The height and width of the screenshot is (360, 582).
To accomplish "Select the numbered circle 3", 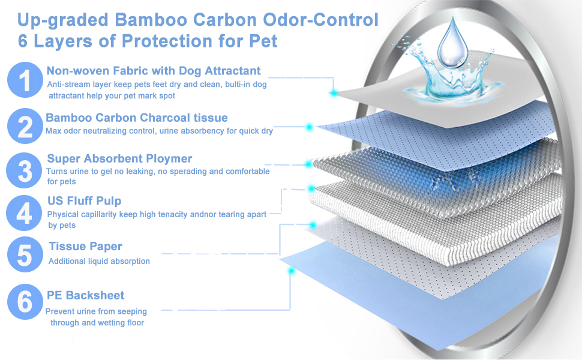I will [x=25, y=170].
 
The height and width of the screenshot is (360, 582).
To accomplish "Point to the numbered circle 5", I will [x=25, y=254].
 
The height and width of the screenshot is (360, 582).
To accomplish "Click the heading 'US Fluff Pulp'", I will [x=84, y=201].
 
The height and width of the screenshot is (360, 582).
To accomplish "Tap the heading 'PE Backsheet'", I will [x=86, y=295].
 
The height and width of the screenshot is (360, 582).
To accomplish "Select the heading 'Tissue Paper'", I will [x=85, y=247].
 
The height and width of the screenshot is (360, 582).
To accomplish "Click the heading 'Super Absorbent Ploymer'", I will [x=119, y=159].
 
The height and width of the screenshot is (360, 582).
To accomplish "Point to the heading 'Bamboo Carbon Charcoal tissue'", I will [x=136, y=118].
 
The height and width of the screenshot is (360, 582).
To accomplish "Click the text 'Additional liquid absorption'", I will [x=99, y=261].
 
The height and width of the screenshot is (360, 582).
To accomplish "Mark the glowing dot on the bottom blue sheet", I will [x=291, y=271].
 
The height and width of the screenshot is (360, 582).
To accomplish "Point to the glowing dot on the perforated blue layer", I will [x=310, y=127].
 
